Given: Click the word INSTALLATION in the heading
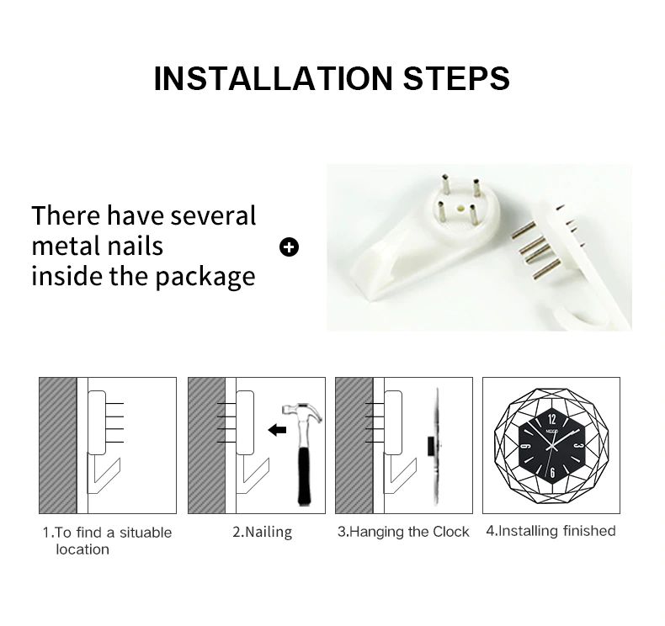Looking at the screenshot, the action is (x=274, y=78).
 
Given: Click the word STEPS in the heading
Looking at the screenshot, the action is (x=456, y=78).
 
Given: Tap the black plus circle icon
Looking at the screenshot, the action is (x=290, y=247).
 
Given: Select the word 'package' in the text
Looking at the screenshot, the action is (x=205, y=278).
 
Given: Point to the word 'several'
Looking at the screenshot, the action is (x=213, y=215).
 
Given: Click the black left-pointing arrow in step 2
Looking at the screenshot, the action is (x=278, y=430).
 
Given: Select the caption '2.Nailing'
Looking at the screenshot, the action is (x=262, y=533).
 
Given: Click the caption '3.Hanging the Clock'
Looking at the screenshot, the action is (x=403, y=532).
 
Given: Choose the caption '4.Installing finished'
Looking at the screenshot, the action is (x=551, y=531).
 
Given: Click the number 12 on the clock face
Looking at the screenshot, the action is (x=551, y=420).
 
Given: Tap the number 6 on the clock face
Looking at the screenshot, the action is (x=552, y=473).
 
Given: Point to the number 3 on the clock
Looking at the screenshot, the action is (x=581, y=446).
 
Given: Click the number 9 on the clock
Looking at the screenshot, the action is (x=524, y=446).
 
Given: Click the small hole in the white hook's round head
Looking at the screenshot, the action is (x=458, y=209).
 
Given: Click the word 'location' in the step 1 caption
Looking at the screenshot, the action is (x=82, y=549).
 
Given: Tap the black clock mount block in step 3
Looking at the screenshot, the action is (x=432, y=446).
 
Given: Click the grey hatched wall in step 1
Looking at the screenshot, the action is (x=58, y=445).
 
